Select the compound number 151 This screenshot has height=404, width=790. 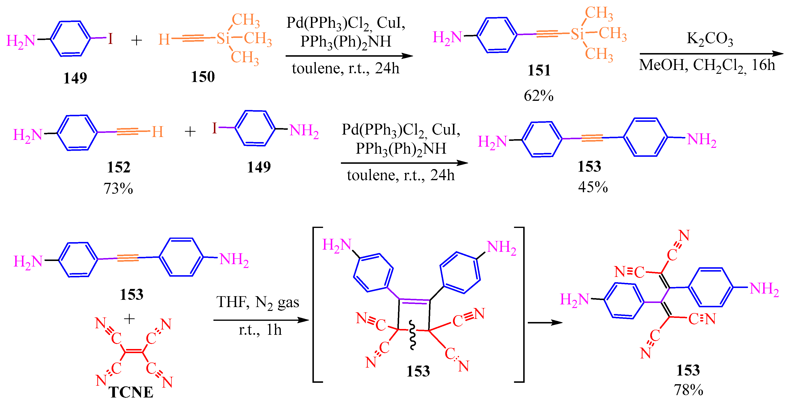(x=539, y=70)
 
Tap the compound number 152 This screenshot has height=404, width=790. (x=119, y=167)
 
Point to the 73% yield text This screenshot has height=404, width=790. (x=118, y=188)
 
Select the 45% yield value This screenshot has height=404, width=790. (x=592, y=187)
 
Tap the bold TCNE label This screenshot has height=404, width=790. (x=131, y=392)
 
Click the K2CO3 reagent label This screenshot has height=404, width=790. (x=710, y=39)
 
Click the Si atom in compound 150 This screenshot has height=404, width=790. (x=223, y=39)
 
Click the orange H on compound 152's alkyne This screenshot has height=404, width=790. (x=158, y=132)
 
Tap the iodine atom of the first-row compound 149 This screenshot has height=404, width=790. (x=110, y=39)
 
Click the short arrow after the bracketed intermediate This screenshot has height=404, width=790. (x=545, y=322)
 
